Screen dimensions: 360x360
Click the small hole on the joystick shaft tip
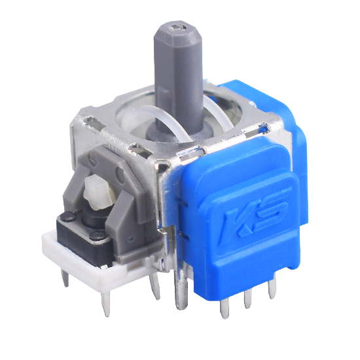point(177,28)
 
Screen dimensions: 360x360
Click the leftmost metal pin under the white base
point(65,278)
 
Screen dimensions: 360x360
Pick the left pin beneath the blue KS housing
point(224,309)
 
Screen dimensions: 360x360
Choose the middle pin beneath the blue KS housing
point(248,298)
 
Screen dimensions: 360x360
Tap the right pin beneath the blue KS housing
point(272,289)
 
